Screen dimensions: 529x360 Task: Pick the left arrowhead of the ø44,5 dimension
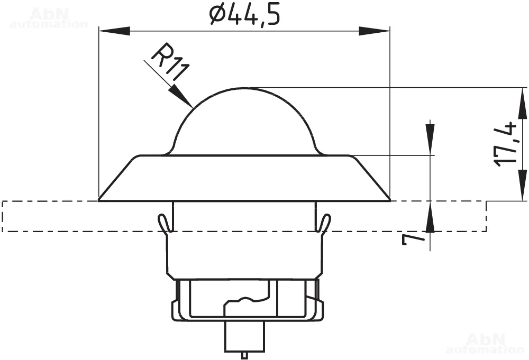pyautogui.click(x=114, y=31)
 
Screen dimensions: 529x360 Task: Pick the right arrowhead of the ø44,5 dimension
pyautogui.click(x=374, y=31)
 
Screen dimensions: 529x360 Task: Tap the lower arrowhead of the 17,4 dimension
pyautogui.click(x=522, y=185)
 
